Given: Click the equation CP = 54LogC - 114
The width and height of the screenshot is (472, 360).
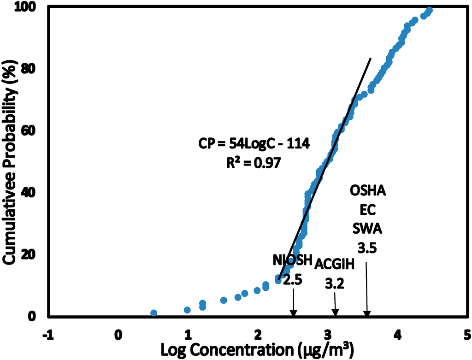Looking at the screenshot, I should click(251, 144).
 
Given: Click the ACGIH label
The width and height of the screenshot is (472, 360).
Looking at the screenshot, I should click(335, 265).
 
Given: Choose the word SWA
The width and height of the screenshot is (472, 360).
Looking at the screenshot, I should click(368, 229).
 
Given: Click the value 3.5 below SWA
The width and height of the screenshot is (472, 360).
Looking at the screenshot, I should click(368, 248).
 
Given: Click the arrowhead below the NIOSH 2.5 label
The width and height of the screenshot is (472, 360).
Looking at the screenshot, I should click(293, 313).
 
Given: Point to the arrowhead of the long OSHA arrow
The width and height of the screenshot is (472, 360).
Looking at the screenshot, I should click(367, 314).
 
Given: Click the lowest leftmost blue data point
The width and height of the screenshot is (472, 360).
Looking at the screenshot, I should click(153, 313).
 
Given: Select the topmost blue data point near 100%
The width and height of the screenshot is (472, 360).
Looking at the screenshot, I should click(429, 10).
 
